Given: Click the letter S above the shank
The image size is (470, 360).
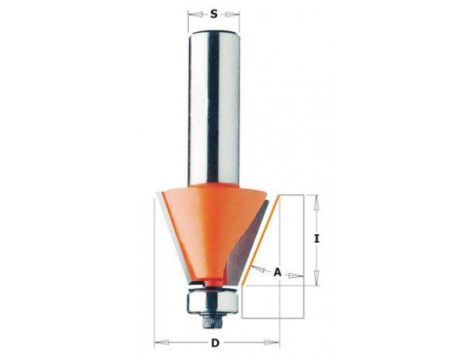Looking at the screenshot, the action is [x=214, y=14].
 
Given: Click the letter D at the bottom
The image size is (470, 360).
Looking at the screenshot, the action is [x=216, y=343].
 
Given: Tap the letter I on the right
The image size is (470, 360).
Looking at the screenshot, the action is [x=317, y=239].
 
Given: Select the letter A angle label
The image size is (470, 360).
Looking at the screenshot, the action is [x=277, y=273].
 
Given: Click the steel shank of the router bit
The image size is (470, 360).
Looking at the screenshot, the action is [x=214, y=107].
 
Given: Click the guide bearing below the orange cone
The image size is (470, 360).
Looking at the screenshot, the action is [x=213, y=301].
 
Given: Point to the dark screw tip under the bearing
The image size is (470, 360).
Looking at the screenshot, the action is [x=213, y=322].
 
